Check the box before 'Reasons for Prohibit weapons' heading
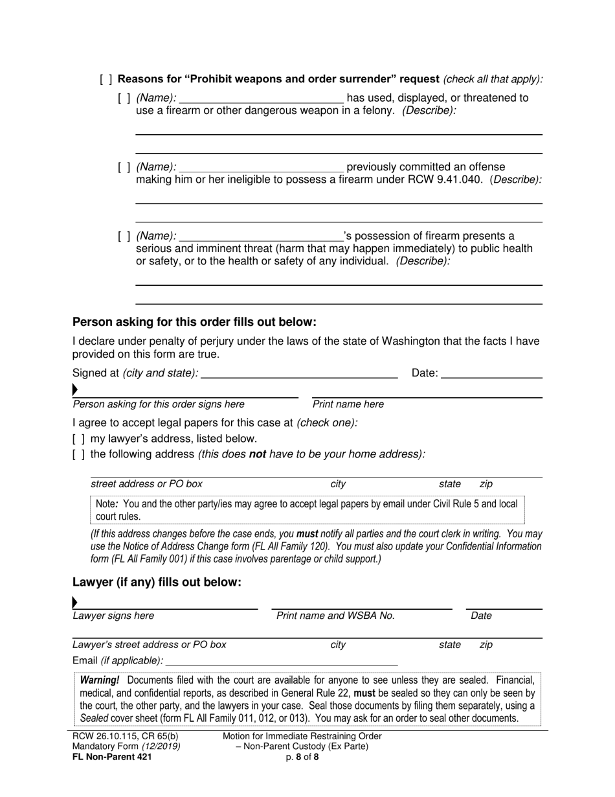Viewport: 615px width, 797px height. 106,80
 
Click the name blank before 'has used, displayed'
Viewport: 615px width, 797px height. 261,98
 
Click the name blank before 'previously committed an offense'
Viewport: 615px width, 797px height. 261,167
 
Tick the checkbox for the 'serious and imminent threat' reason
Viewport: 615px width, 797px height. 124,237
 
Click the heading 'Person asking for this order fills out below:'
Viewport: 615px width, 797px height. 194,322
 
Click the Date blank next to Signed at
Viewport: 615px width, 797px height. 492,373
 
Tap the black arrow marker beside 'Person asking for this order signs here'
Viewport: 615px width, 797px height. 75,389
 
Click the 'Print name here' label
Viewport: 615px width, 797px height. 348,404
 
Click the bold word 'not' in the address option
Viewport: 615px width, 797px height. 257,454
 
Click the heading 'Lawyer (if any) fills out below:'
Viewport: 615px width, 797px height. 157,583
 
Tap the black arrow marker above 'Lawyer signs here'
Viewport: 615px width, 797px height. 75,602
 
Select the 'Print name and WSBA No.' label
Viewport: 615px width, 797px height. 335,616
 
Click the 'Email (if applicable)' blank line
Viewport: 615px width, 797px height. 282,661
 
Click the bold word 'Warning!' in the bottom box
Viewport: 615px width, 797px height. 100,680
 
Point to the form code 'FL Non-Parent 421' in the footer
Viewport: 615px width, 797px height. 112,756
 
